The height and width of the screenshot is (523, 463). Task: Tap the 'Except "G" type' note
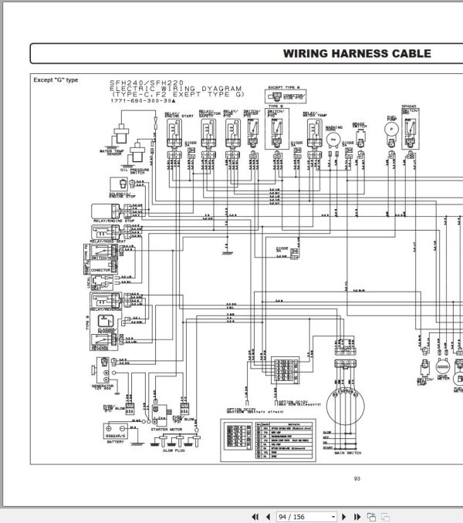pos(56,79)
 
